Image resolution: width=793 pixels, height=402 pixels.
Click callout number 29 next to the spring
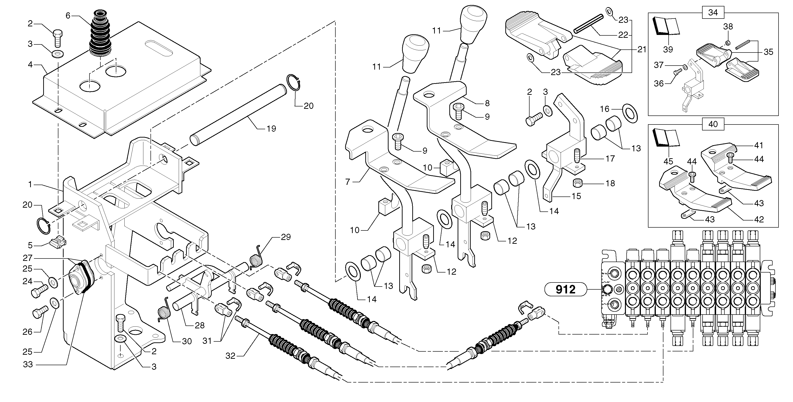tap(286, 237)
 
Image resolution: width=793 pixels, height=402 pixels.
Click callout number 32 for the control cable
tap(230, 356)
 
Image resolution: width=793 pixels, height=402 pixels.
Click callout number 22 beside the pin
tap(623, 35)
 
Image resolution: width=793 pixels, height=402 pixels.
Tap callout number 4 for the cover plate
tap(30, 65)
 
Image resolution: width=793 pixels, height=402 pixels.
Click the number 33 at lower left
tap(28, 364)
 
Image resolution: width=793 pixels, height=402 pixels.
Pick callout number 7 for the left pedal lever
tap(347, 182)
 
